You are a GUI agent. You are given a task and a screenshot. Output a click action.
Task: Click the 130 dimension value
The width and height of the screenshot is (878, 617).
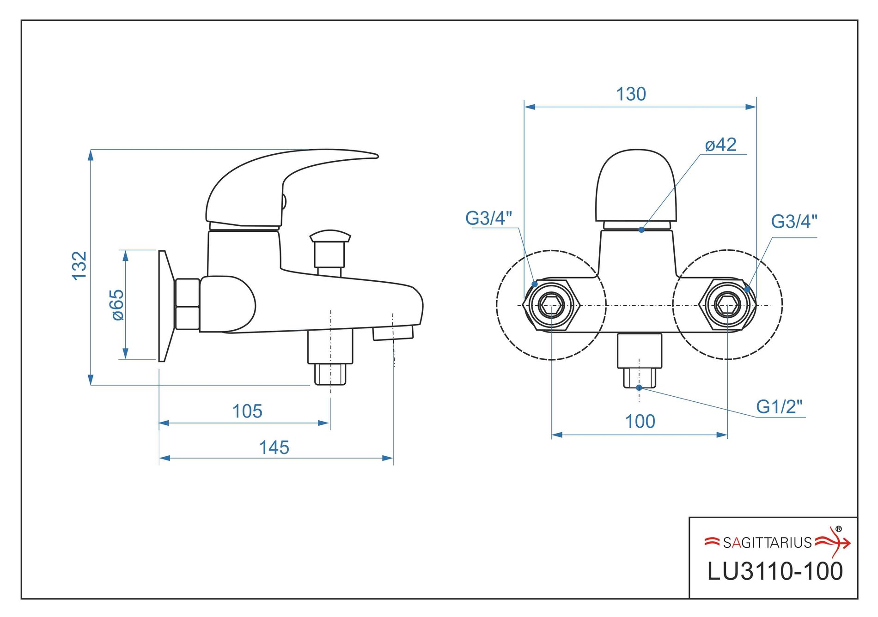coord(631,94)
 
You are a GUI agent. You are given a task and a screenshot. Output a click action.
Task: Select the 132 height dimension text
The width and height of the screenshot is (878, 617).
coord(79,266)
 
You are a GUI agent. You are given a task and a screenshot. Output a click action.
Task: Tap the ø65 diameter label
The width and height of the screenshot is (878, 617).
coord(118,305)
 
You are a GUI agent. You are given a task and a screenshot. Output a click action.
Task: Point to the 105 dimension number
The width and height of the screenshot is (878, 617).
coord(247,411)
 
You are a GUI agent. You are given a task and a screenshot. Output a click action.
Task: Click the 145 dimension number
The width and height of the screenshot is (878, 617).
coord(274,448)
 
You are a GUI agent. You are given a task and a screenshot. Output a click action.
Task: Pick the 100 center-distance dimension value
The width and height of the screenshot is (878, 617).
coord(640,421)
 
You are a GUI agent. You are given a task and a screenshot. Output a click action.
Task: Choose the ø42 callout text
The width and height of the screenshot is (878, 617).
coord(720,145)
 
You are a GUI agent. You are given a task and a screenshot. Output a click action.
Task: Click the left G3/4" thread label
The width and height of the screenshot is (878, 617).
coord(488,218)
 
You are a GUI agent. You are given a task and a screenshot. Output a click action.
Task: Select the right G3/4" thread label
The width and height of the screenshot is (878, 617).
coord(794,221)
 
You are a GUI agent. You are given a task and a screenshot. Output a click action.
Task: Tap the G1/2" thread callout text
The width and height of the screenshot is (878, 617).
coord(779,407)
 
